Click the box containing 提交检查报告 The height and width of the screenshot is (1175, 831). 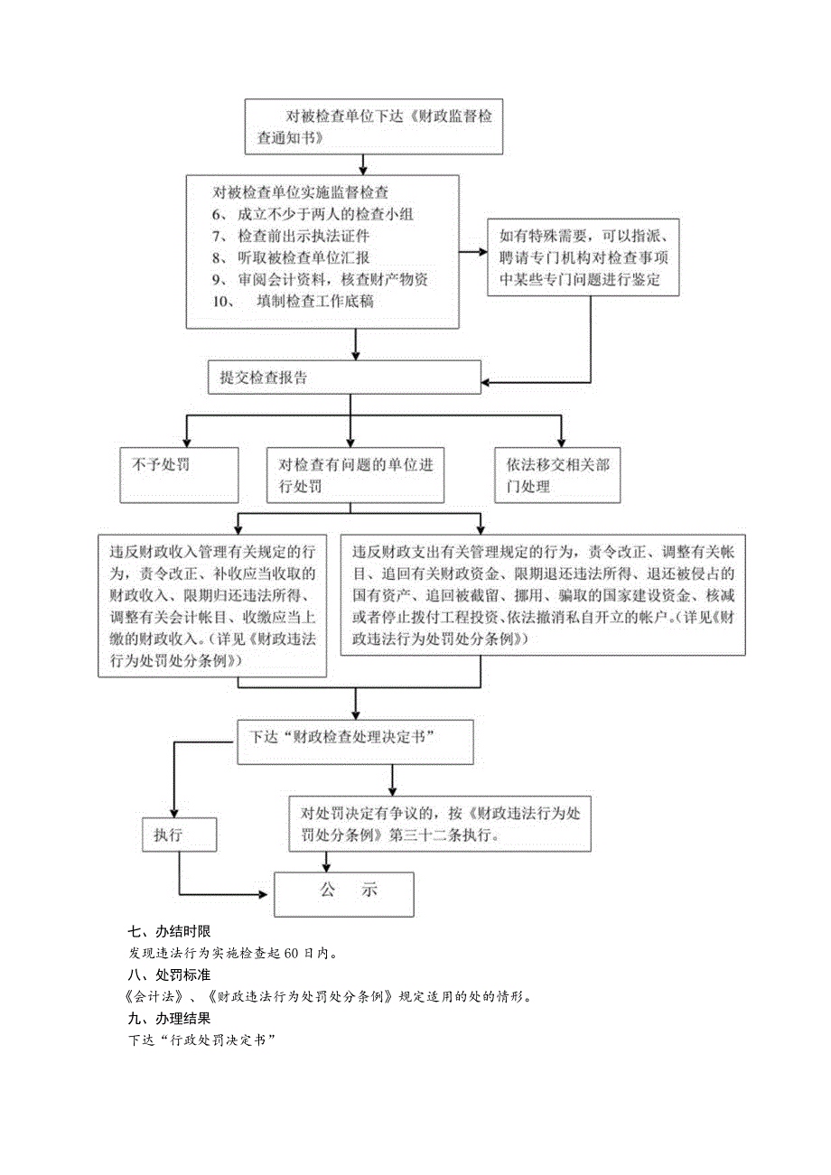tap(343, 378)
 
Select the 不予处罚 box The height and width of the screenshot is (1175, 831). tap(179, 474)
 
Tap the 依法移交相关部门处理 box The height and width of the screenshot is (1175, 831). tap(557, 475)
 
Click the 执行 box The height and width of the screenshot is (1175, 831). tap(179, 834)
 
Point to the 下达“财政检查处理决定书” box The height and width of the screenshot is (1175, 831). tap(356, 736)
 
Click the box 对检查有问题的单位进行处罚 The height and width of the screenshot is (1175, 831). tap(355, 475)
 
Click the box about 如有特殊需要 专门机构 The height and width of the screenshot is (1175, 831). tap(583, 257)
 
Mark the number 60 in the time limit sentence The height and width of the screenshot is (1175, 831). tap(291, 953)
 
